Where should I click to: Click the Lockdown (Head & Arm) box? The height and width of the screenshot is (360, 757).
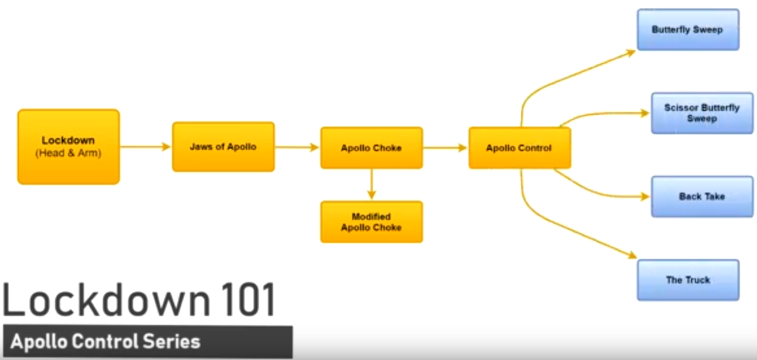coord(68,147)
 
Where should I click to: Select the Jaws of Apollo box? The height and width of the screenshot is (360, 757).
coord(223,147)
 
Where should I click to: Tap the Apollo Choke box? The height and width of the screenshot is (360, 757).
coord(371,148)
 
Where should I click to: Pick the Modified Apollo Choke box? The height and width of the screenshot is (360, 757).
coord(371,222)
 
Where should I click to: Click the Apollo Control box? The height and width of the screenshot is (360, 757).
coord(519,148)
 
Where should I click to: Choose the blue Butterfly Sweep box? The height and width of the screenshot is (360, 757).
coord(688,30)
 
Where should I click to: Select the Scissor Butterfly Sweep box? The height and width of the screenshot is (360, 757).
coord(702,114)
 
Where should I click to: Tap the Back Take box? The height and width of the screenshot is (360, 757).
coord(702,196)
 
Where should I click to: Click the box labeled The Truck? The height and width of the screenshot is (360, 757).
coord(688,280)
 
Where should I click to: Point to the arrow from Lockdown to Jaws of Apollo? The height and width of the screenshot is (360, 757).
coord(145,147)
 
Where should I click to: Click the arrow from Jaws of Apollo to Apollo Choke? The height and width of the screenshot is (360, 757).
coord(297,147)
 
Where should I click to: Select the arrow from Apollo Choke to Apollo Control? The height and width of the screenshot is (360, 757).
coord(445,148)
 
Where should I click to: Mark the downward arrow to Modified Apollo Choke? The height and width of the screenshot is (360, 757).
coord(371,184)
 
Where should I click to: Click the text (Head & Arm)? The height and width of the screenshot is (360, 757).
coord(68,153)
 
